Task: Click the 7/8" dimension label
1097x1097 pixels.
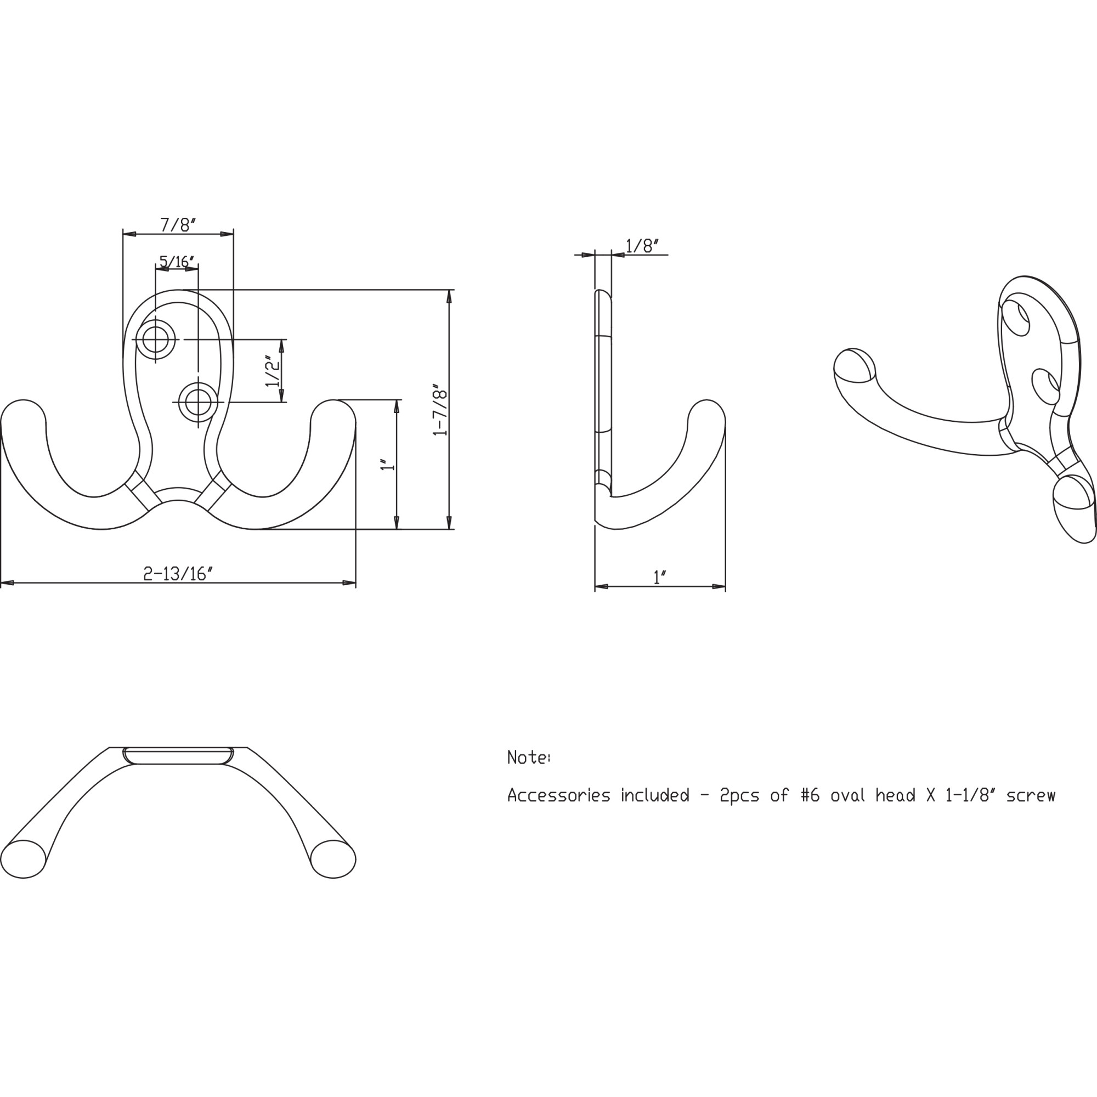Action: click(178, 225)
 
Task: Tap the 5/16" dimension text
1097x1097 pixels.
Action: click(177, 262)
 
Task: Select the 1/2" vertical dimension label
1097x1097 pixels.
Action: click(273, 371)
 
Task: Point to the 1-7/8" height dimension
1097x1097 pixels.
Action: click(440, 410)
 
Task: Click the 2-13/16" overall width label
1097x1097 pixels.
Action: click(178, 574)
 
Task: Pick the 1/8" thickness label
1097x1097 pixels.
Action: click(642, 246)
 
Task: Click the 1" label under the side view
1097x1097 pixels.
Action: click(659, 578)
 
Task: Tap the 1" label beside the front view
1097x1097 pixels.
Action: click(388, 464)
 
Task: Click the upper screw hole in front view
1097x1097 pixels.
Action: click(155, 340)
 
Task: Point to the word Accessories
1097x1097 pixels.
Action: click(559, 795)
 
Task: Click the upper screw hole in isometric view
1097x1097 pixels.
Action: click(1015, 318)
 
